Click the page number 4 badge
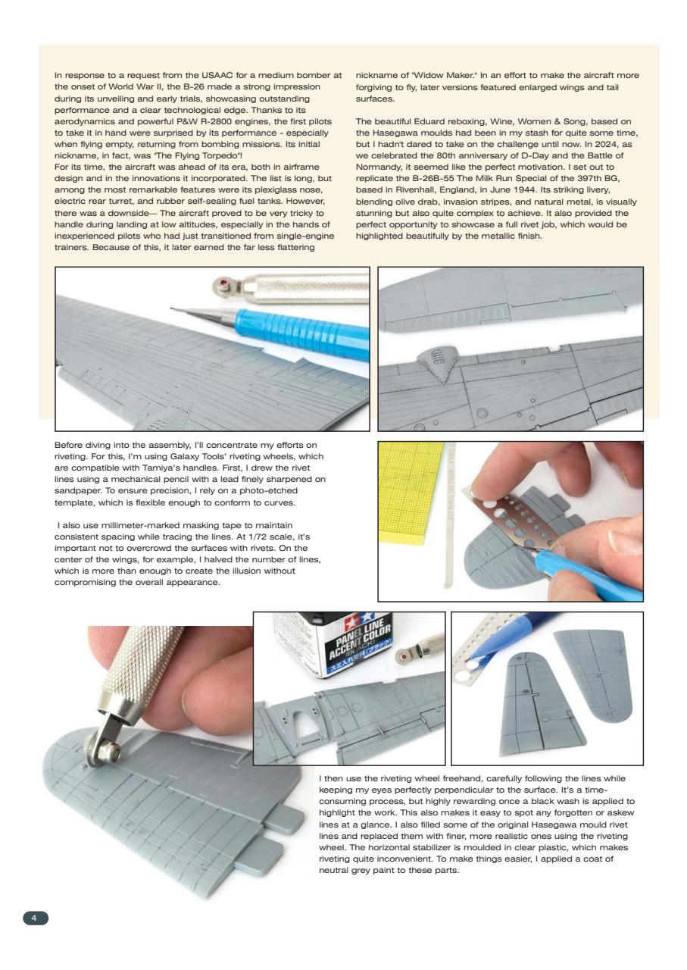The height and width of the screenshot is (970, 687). pos(35,918)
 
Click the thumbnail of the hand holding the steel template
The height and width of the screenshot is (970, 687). pos(510,521)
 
